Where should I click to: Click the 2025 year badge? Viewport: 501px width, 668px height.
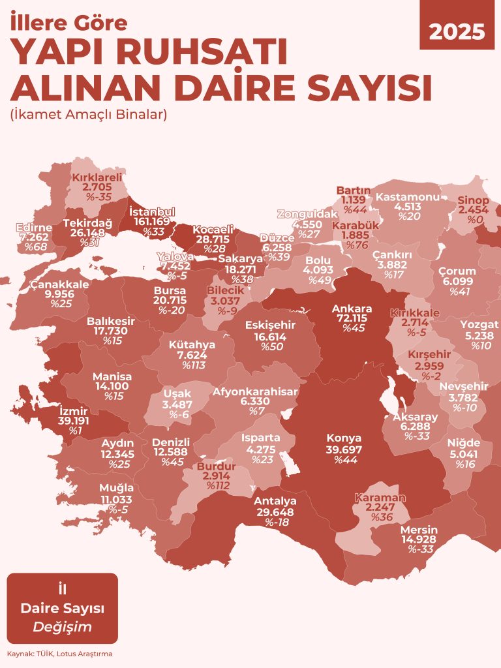coord(457,31)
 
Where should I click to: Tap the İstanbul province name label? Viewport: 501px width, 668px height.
coord(152,212)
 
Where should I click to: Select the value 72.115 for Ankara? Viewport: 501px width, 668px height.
coord(352,319)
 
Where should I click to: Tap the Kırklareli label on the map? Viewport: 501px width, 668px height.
coord(97,177)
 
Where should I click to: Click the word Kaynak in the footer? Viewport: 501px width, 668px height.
coord(18,653)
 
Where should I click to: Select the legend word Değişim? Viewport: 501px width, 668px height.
coord(62,627)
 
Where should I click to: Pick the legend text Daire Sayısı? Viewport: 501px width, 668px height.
coord(62,609)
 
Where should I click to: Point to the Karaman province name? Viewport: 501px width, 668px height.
coord(380,498)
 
